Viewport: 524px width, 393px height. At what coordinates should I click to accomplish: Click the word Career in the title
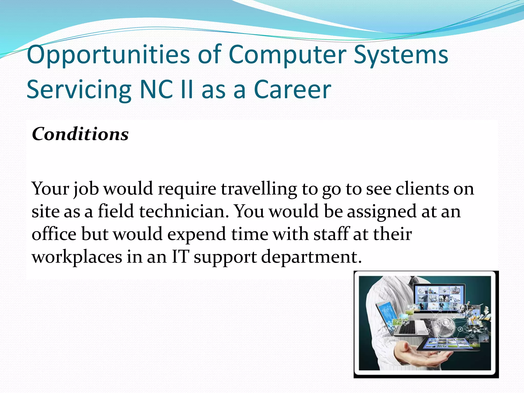pos(292,90)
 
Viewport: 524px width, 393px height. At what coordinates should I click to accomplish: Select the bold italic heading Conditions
pos(80,134)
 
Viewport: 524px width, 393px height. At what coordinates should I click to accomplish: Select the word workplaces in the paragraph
pos(77,257)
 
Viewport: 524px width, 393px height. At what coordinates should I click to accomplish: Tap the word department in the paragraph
pos(311,257)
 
